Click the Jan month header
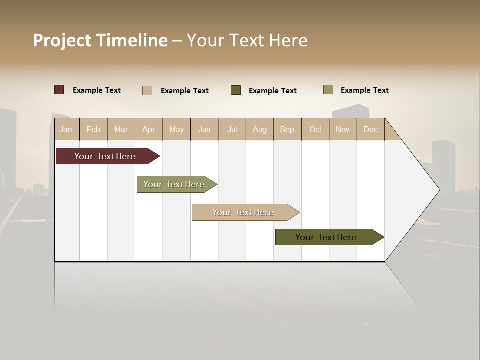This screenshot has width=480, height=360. point(66,129)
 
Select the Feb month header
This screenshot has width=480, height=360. point(93,129)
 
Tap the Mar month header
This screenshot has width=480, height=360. point(121,129)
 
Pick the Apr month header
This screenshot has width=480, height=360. point(149,129)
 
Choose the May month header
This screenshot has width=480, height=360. point(176,129)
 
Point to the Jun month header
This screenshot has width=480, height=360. point(204,129)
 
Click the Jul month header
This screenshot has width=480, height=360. point(232,129)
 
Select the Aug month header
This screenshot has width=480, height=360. point(260,129)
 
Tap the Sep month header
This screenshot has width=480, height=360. point(287,129)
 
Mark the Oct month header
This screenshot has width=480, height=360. point(315,129)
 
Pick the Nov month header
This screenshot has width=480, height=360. point(343,129)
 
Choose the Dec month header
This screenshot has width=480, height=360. point(371,129)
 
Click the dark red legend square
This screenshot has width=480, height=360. point(59,90)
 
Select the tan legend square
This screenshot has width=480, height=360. point(147,90)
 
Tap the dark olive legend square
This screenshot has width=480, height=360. point(236,90)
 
